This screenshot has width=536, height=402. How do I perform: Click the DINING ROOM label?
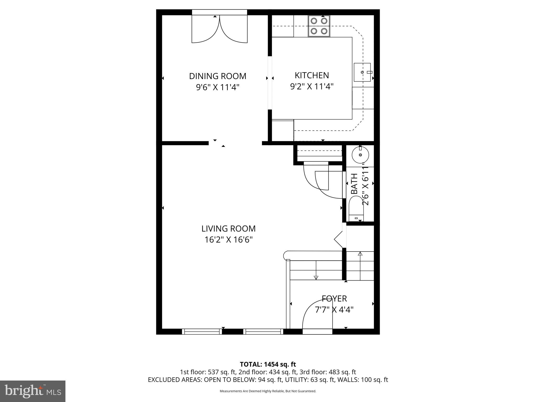(x=217, y=76)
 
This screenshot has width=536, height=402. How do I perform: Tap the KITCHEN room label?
(x=311, y=75)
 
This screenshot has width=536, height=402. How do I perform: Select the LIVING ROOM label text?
(x=228, y=229)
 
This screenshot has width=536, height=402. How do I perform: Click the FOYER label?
(x=334, y=299)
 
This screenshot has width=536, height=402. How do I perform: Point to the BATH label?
(x=354, y=184)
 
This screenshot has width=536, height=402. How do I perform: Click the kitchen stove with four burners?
(x=319, y=26)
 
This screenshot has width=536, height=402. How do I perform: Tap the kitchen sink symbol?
(x=362, y=72)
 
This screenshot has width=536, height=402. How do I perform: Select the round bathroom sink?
(x=360, y=155)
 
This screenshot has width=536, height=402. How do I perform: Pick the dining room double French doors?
(x=219, y=29)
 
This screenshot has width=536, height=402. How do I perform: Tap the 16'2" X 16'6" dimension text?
(x=228, y=240)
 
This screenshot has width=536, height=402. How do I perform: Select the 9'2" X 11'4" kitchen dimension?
(x=311, y=86)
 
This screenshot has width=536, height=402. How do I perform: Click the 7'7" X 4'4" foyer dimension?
(x=334, y=310)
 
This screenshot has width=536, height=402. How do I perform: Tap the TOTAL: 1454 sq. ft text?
(x=268, y=364)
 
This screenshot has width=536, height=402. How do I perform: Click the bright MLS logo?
(x=33, y=391)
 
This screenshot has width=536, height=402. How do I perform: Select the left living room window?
(x=202, y=332)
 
